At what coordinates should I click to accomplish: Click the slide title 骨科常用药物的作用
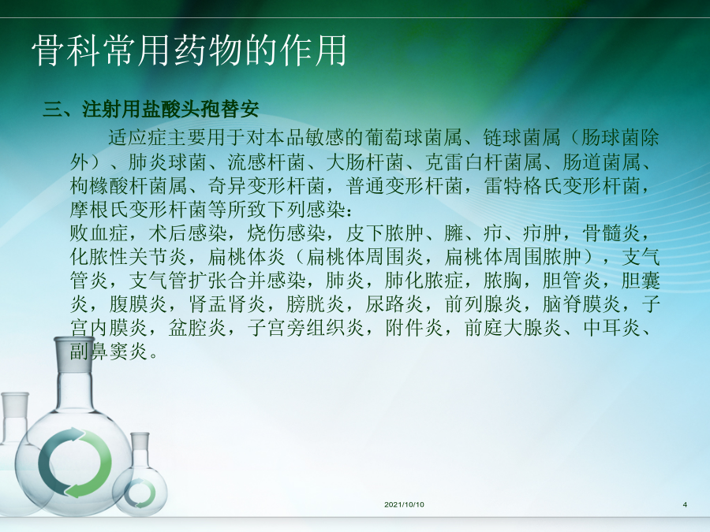189,50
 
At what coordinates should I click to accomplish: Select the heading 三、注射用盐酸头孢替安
151,109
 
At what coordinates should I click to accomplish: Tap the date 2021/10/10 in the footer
404,504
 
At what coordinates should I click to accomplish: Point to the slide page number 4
685,504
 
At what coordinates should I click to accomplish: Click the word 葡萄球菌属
414,137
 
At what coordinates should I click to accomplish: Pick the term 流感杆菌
266,162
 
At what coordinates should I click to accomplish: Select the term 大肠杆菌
364,162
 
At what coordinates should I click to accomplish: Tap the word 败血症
99,233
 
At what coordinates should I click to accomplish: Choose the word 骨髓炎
611,233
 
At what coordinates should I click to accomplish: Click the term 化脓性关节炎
129,256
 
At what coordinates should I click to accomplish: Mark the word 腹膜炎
139,303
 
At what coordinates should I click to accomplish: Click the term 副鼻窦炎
109,351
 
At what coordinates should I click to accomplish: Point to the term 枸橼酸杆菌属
129,185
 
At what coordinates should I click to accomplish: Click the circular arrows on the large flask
75,463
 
